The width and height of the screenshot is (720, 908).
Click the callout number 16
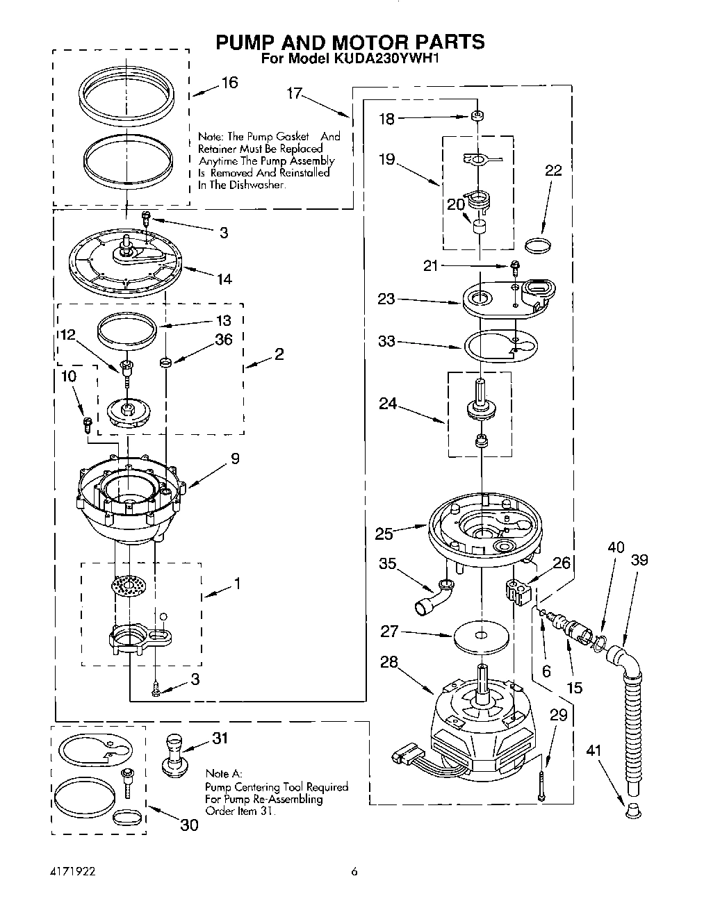229,83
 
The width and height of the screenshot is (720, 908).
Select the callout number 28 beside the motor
389,662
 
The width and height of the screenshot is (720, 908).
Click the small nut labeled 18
477,116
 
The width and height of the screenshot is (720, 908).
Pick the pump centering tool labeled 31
175,757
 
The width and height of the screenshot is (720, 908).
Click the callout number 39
639,560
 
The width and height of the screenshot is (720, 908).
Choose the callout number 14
224,279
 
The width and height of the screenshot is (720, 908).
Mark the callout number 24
387,403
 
